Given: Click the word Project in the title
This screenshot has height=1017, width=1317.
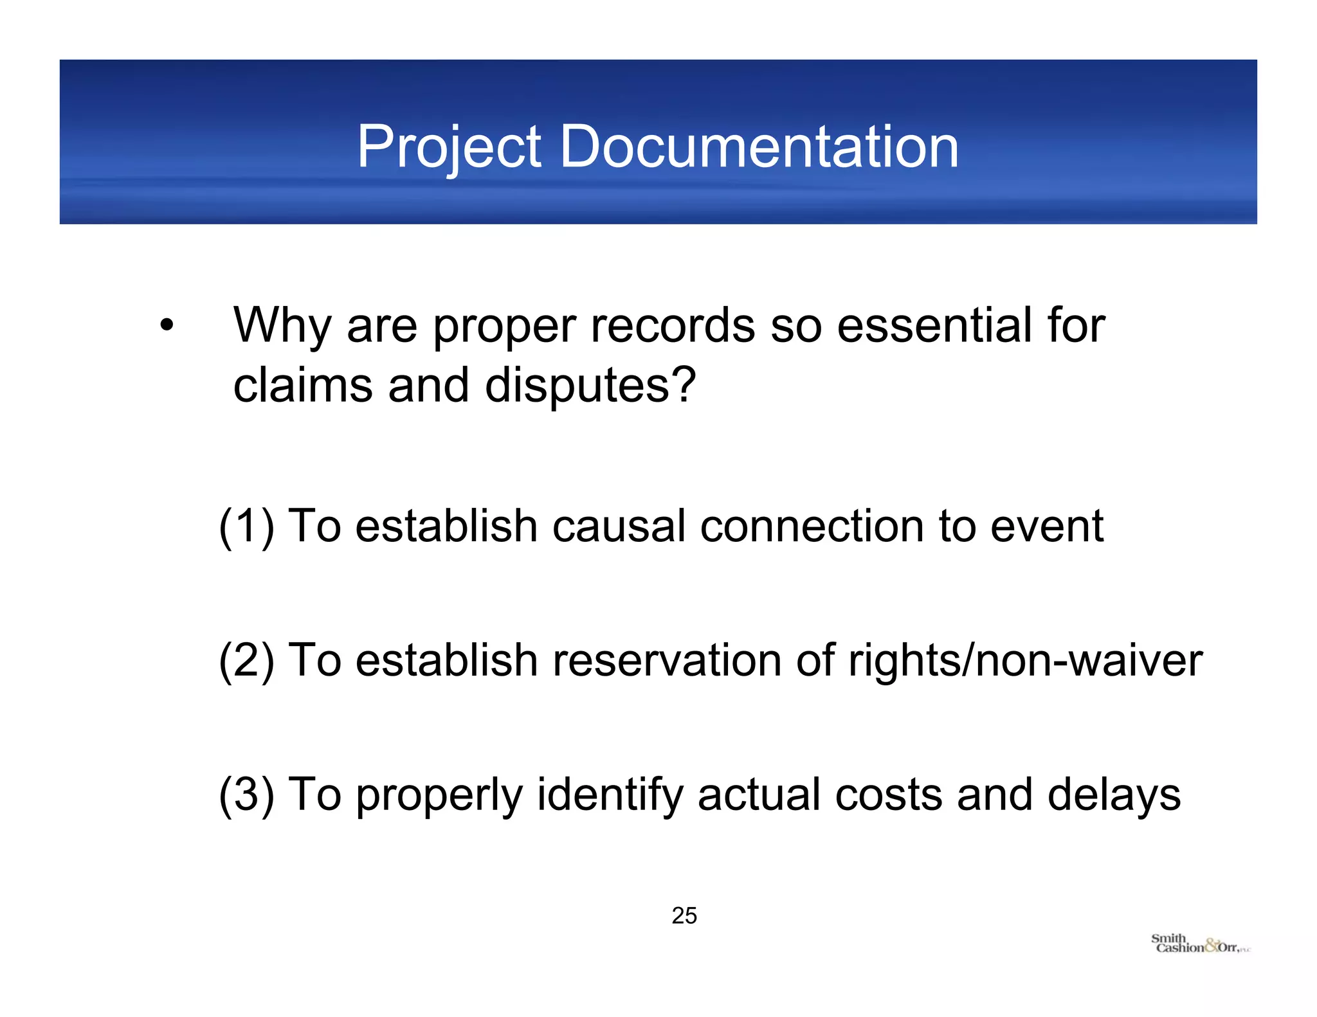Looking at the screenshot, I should [448, 147].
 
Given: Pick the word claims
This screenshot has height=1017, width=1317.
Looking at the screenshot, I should [303, 386].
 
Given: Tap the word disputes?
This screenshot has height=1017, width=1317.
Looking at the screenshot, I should [590, 386].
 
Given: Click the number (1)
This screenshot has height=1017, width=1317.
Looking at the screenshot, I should [246, 526].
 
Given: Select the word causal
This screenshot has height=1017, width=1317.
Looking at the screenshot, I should [619, 526].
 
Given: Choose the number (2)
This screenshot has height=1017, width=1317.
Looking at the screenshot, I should [246, 660].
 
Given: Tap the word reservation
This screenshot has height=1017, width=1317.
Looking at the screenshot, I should [666, 660].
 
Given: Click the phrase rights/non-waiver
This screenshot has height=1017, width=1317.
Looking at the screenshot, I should [1025, 660].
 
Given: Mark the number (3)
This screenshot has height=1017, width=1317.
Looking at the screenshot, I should [246, 795].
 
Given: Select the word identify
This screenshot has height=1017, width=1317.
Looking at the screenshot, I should [609, 795].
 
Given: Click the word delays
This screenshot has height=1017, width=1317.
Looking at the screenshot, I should [1114, 795].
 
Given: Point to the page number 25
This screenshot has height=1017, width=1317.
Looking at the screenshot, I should [684, 915].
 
